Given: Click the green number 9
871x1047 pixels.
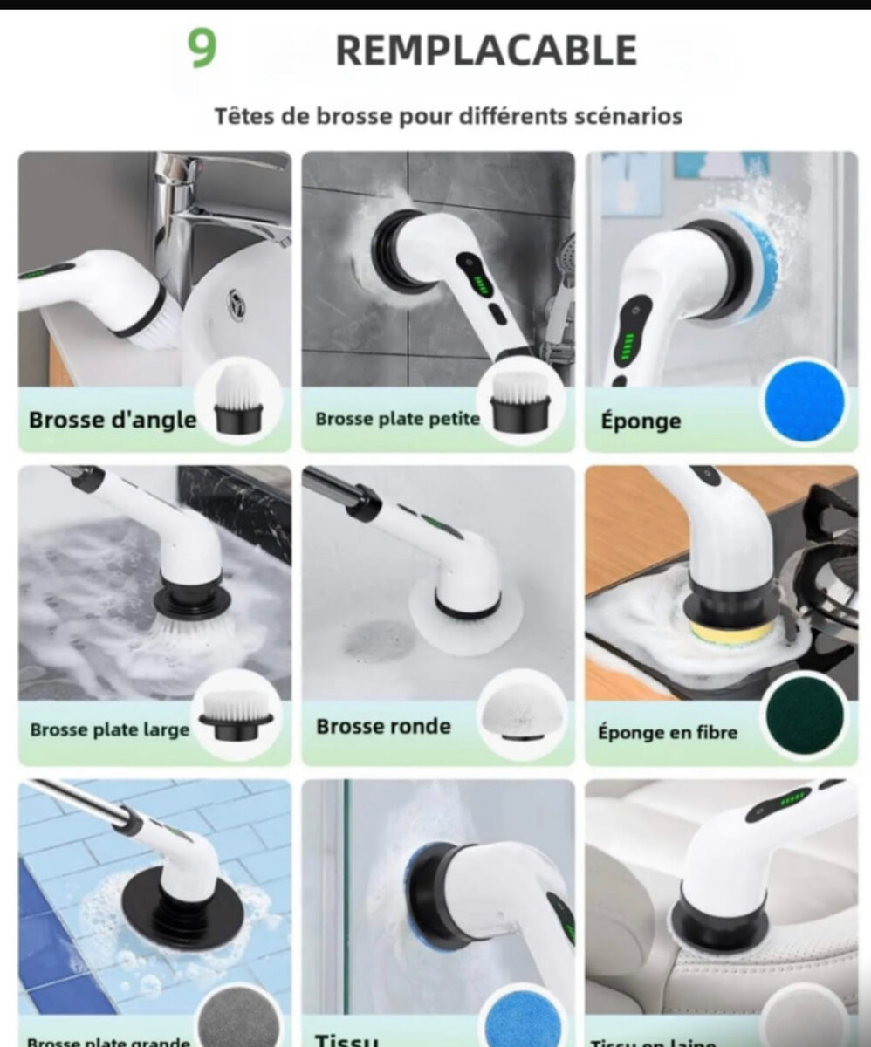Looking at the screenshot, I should point(202,50).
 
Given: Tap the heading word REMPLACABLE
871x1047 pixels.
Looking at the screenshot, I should point(486,51).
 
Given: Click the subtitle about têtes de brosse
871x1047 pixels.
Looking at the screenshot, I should point(449,116).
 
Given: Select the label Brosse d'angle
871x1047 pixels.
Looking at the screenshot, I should point(113,420).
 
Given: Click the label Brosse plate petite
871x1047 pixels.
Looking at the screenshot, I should point(397,419).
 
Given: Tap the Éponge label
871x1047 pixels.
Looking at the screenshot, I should point(641,421).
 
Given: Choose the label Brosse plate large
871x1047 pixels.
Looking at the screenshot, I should point(110,729).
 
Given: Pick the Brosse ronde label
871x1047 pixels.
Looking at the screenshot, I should point(383,727).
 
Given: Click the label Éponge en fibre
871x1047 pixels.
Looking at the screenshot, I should point(668,732).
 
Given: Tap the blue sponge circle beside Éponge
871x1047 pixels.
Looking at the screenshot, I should point(804,401).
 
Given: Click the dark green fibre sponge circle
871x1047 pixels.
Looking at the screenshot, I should point(804,715).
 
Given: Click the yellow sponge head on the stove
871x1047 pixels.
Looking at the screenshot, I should point(731,630).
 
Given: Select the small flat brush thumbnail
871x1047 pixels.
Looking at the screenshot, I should point(521,401).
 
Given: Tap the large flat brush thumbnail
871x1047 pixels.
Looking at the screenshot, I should point(237,713).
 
